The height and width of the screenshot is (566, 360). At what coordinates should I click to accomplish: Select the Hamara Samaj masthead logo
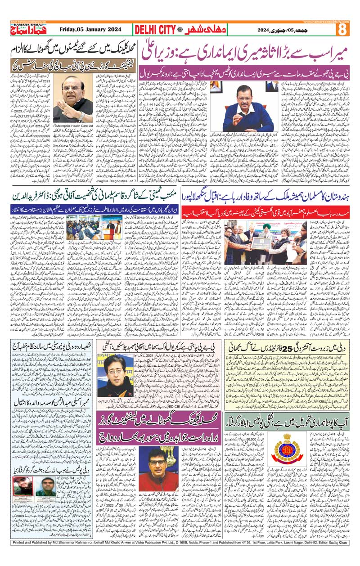pos(25,31)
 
